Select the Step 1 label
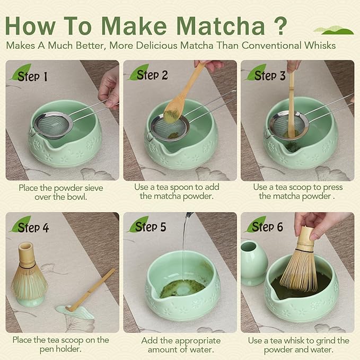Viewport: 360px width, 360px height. (x=32, y=76)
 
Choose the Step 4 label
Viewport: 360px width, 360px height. (x=33, y=227)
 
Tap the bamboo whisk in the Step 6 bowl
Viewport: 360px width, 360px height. (x=300, y=268)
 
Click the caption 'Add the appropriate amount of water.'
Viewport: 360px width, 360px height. (x=180, y=345)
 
